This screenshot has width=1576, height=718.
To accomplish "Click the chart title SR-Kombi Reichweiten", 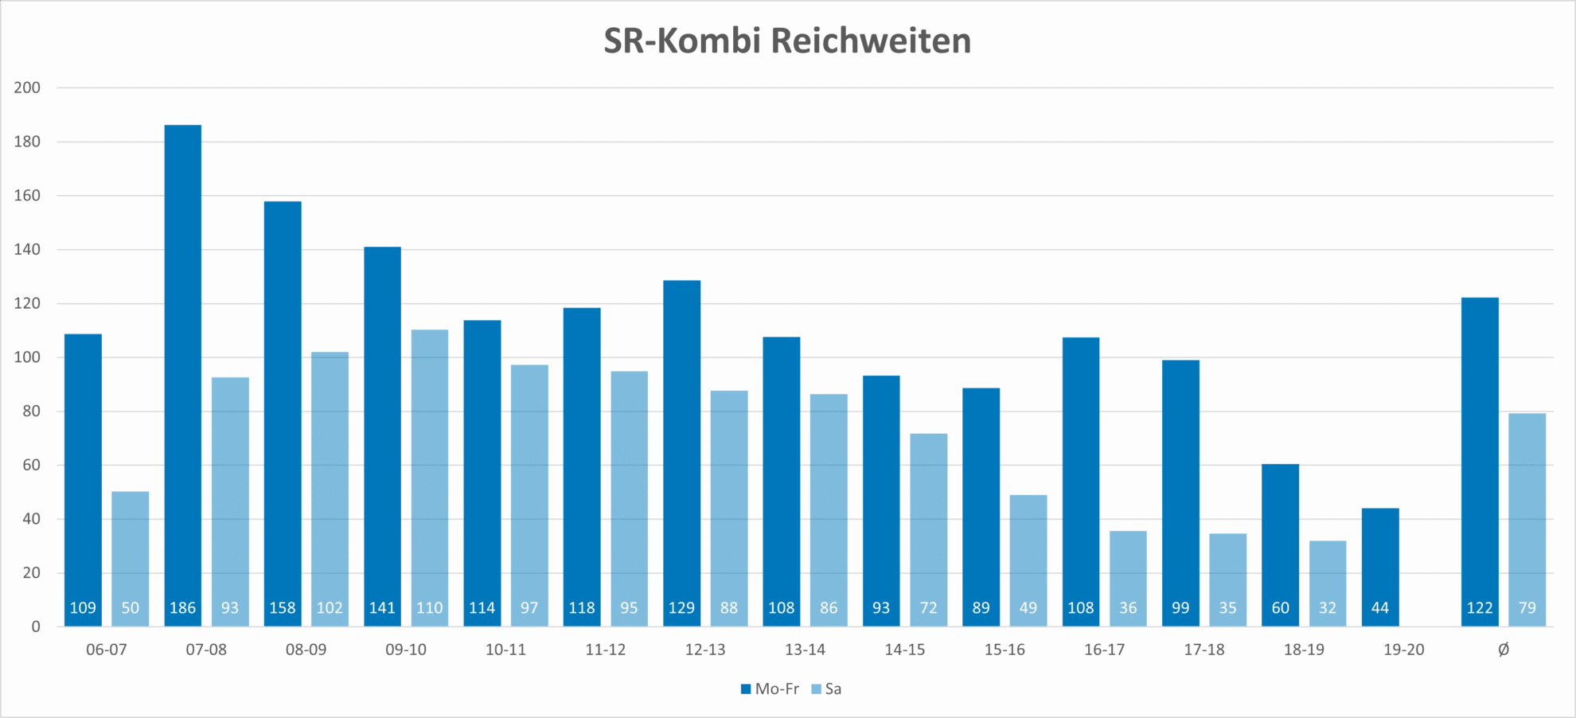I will [x=787, y=41].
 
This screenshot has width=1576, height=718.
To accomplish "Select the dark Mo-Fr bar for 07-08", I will [x=183, y=374].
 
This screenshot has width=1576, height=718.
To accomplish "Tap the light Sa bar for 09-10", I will [x=430, y=478].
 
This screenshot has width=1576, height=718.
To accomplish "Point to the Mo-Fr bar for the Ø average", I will [x=1480, y=462].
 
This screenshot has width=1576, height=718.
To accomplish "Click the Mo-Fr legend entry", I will [x=770, y=689].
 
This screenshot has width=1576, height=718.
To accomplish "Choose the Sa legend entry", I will [x=826, y=689].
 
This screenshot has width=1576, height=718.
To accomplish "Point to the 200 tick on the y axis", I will [x=27, y=88].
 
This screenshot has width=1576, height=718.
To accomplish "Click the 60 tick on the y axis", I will [x=31, y=465].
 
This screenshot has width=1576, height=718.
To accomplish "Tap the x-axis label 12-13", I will [x=705, y=650].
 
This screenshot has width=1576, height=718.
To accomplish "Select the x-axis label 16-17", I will [x=1104, y=650].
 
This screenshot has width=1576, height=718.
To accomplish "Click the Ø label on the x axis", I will [x=1503, y=650].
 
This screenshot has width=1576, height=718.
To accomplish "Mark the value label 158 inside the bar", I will [x=283, y=608].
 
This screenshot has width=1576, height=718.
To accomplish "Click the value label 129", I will [x=681, y=608].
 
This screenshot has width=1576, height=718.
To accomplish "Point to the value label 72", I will [x=928, y=608].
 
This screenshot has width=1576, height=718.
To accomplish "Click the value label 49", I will [x=1028, y=608].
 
